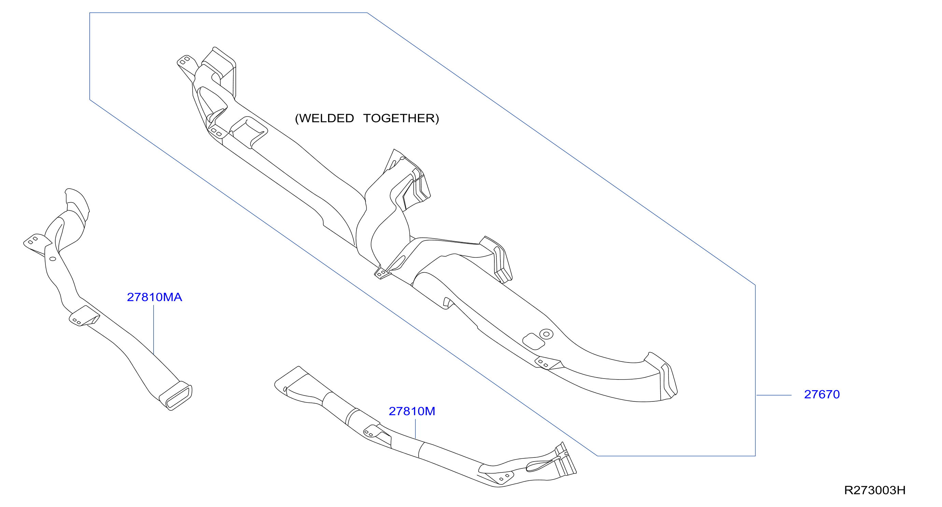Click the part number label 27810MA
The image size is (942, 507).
coord(154,297)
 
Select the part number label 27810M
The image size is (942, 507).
coord(412,411)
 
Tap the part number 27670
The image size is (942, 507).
coord(822,394)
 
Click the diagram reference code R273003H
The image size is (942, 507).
coord(875,490)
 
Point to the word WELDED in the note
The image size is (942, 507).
coord(326,118)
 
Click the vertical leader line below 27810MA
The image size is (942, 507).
coord(154,330)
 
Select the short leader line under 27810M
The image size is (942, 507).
coord(416,429)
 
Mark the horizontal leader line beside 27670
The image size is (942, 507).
coord(774,395)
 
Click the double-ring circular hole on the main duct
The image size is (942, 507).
coord(546,334)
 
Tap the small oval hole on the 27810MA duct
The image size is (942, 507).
coord(53,259)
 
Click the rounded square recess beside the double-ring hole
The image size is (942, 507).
coord(534,341)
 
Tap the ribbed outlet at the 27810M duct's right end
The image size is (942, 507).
coord(565,460)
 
